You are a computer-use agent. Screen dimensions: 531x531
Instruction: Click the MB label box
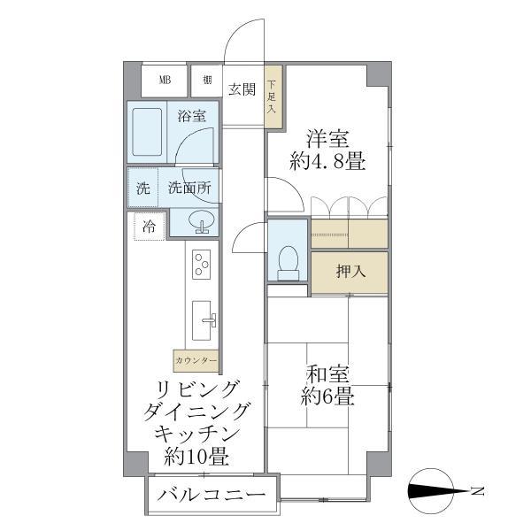(x=165, y=81)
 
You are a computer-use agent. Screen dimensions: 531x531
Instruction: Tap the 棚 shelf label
(x=206, y=81)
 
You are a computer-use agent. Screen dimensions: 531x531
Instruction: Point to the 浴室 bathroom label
(x=191, y=116)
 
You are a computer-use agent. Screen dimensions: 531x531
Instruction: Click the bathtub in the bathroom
(x=145, y=133)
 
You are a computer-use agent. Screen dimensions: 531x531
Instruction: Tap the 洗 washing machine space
(x=142, y=189)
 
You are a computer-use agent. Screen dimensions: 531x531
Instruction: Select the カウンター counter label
(x=196, y=361)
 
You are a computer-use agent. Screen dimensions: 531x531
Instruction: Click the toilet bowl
(x=288, y=258)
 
